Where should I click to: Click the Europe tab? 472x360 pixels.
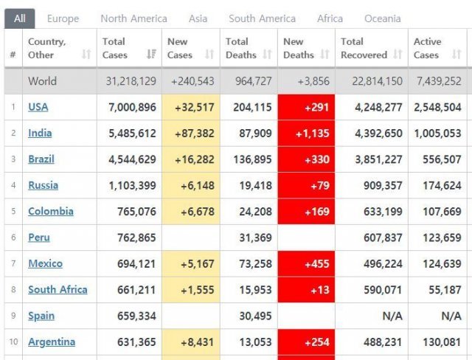click(x=63, y=18)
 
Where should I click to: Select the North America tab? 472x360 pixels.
click(x=133, y=18)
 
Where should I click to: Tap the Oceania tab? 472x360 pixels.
click(x=383, y=18)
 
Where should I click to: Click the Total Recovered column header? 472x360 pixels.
click(x=364, y=48)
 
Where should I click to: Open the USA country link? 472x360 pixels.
click(x=38, y=107)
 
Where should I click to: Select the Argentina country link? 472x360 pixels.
click(x=52, y=342)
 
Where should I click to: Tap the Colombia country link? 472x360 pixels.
click(x=51, y=212)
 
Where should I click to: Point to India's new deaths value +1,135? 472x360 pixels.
click(x=307, y=134)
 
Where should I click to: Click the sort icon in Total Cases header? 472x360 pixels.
click(x=152, y=54)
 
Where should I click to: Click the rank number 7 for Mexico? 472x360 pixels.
click(x=13, y=264)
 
